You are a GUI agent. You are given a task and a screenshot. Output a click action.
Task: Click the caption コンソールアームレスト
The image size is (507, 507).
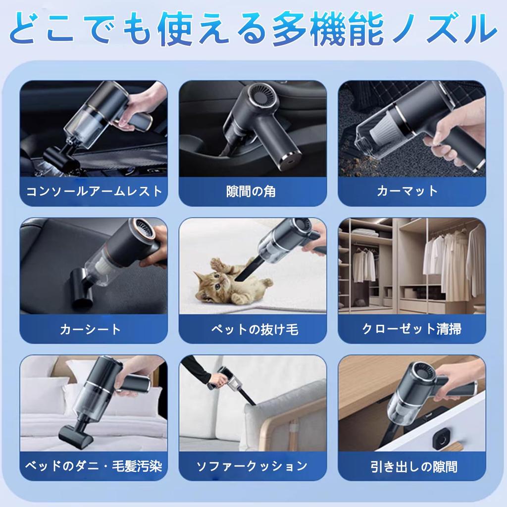coord(94,191)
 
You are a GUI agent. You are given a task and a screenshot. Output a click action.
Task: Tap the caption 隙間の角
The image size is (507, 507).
coord(253,191)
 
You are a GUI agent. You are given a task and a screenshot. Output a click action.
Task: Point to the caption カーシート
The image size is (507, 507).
coord(94,329)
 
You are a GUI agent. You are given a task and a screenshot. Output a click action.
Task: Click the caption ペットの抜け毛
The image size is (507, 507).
coord(253,329)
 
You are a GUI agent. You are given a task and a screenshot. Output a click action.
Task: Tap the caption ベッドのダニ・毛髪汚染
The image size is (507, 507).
coord(94,466)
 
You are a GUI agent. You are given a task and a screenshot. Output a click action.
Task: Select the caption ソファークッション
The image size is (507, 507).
coord(253,466)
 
